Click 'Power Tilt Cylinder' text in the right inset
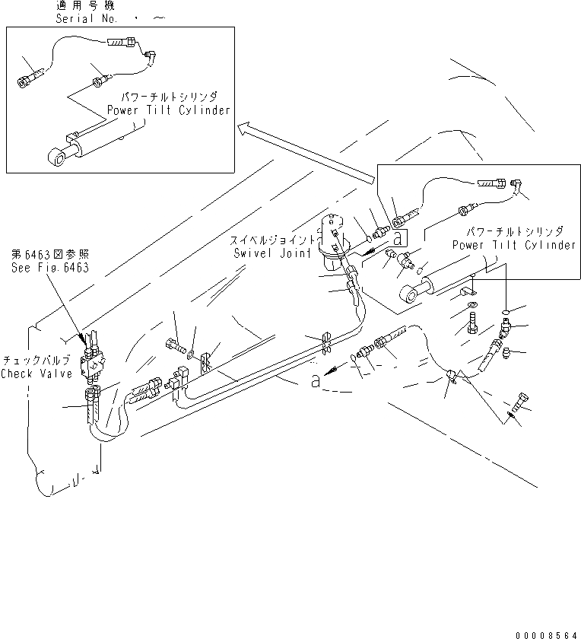click(514, 245)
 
